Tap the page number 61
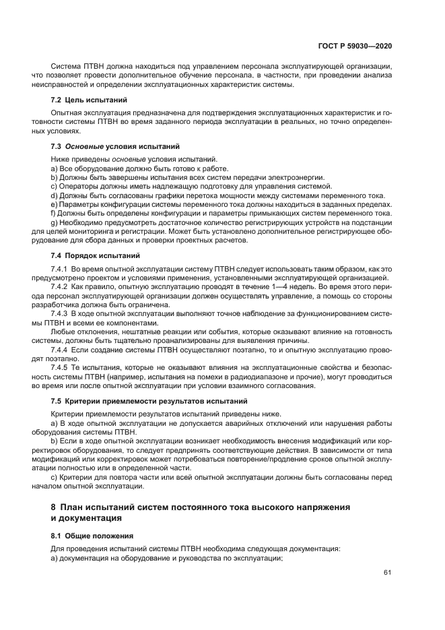point(388,573)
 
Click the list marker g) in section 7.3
point(54,223)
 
